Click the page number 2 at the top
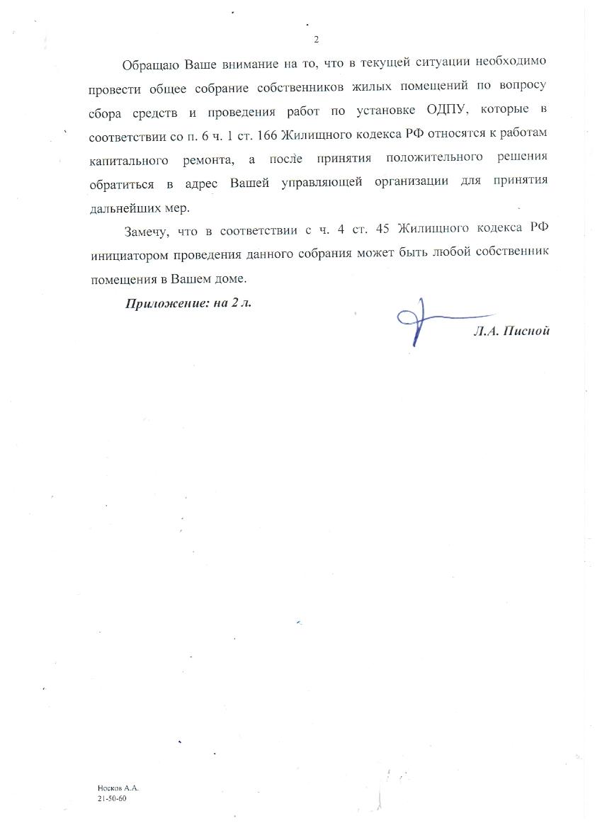point(316,39)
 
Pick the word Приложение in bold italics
point(161,304)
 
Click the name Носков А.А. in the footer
point(118,788)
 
